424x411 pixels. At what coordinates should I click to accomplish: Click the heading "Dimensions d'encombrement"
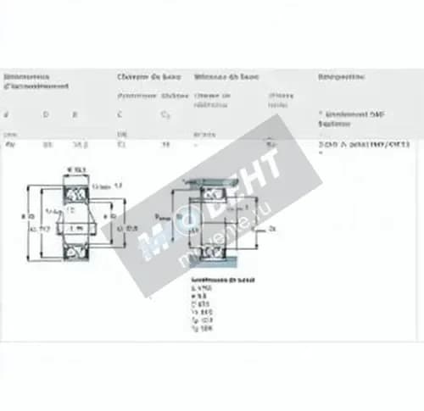pos(36,81)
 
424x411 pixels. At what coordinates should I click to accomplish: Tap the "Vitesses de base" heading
pos(226,77)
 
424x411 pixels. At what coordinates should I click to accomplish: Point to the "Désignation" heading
pos(341,77)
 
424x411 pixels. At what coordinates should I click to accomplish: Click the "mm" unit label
pos(10,133)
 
